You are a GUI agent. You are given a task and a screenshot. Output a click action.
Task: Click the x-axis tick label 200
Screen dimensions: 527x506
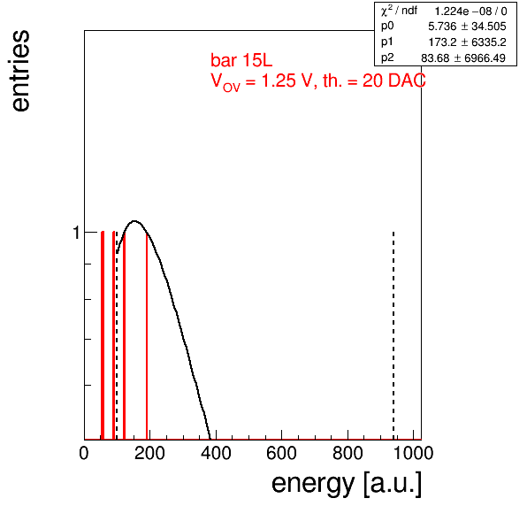coord(149,453)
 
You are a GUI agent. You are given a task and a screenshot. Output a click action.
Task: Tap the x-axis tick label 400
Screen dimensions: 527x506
coord(216,453)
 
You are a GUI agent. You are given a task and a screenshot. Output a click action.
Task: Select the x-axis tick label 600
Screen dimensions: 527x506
coord(282,453)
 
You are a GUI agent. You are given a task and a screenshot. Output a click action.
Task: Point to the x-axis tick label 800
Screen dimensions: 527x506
coord(348,453)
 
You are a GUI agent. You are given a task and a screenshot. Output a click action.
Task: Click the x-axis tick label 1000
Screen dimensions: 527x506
coord(413,453)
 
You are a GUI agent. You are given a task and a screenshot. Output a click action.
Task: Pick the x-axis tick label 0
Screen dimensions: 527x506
coord(84,453)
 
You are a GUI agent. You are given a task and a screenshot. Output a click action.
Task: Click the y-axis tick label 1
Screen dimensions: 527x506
coord(77,233)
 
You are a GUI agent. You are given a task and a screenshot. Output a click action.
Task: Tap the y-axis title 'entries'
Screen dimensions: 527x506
coord(20,71)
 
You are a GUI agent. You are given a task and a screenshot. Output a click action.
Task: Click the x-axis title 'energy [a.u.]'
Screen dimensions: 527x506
coord(347,484)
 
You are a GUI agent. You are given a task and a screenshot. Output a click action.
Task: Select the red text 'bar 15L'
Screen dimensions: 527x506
coord(241,60)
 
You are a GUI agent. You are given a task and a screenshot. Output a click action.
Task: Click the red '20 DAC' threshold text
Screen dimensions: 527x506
coord(394,80)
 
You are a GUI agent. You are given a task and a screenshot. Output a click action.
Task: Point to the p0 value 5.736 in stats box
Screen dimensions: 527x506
coord(442,27)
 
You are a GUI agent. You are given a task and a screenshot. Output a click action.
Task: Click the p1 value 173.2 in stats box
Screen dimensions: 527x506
coord(442,42)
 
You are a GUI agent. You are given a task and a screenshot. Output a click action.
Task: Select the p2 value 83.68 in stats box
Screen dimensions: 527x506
coord(435,57)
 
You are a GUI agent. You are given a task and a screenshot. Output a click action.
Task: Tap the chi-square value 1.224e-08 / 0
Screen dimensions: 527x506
coord(471,11)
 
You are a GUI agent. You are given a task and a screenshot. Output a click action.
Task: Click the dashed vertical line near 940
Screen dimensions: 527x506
coord(393,335)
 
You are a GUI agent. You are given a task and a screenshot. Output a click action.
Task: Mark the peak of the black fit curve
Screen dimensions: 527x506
coord(134,221)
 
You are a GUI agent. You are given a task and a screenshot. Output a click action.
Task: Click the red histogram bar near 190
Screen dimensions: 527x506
coord(147,335)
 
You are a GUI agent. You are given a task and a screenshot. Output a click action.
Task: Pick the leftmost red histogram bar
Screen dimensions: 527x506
coord(103,335)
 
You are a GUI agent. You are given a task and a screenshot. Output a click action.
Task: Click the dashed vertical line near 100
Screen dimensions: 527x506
coord(117,335)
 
